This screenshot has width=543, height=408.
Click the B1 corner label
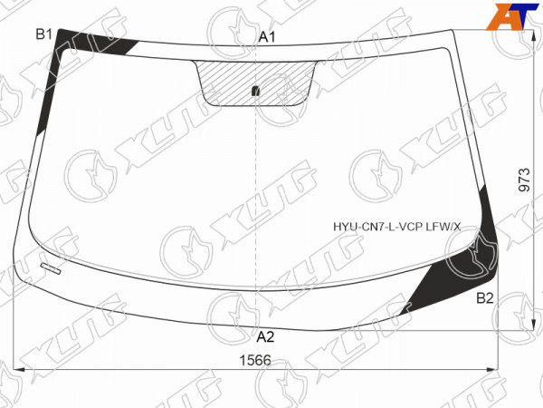(44, 34)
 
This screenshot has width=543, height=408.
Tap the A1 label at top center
(267, 37)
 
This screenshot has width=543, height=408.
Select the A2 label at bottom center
(265, 336)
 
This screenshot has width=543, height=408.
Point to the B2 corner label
(485, 298)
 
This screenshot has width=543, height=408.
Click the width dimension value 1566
(255, 361)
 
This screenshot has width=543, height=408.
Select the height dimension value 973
(525, 180)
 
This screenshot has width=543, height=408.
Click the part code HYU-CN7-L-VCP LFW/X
(397, 228)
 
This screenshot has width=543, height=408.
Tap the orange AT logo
(512, 16)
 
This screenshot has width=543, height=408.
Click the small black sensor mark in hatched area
(255, 91)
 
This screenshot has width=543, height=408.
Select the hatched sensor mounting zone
(255, 83)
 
